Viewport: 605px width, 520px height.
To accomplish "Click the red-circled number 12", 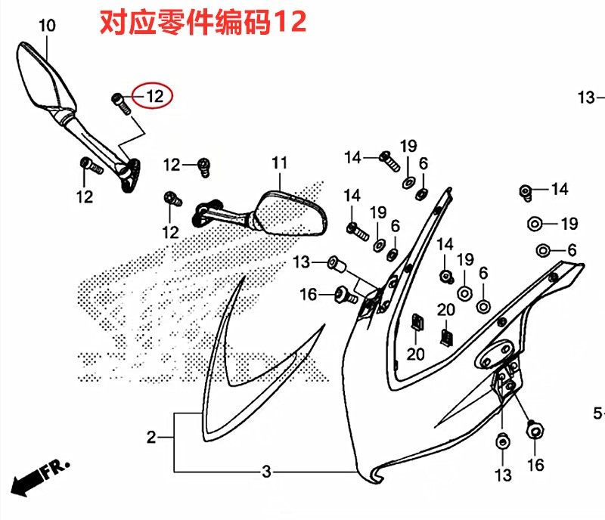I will point(154,97).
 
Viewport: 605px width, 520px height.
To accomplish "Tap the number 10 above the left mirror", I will point(47,26).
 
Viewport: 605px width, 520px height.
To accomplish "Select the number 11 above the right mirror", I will point(280,163).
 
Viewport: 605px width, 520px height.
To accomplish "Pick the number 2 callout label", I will point(151,437).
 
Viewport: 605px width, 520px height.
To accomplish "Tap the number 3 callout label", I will point(265,472).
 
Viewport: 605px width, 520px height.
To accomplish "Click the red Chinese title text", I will point(203,23).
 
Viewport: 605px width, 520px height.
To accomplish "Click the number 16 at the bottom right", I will point(535,466).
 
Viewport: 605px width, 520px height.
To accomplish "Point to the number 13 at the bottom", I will point(503,475).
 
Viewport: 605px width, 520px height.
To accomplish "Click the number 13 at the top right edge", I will point(588,97).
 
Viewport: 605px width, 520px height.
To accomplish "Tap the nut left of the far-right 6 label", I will point(543,250).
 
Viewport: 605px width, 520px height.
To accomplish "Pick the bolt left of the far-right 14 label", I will point(526,191).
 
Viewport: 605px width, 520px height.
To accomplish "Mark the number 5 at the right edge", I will point(597,413).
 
